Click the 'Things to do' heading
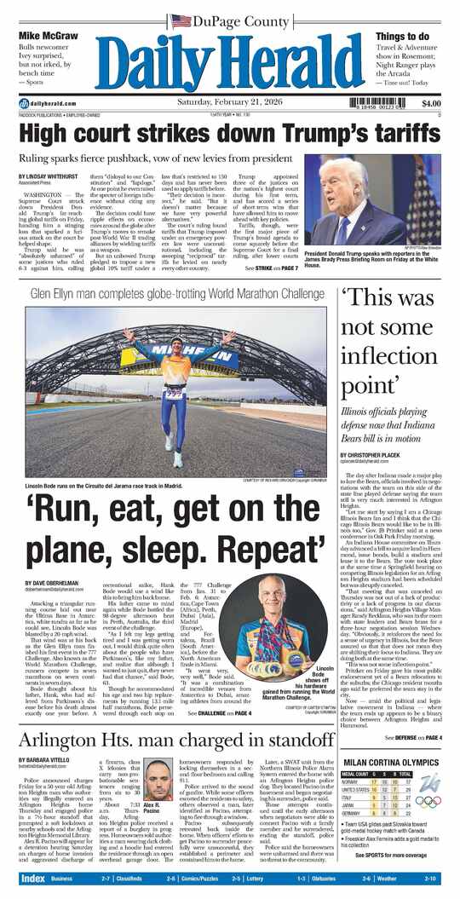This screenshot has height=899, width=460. click(x=402, y=36)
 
